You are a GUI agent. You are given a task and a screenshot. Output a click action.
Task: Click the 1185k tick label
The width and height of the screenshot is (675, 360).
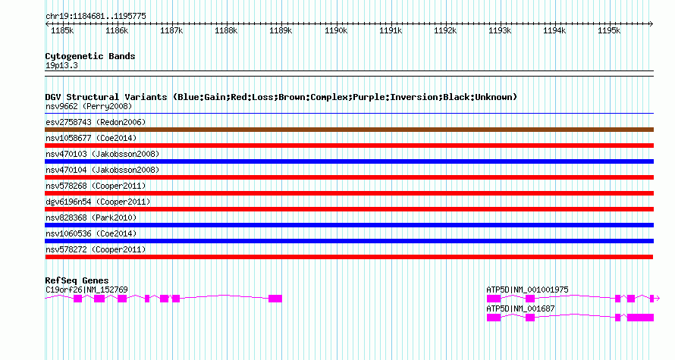(61, 31)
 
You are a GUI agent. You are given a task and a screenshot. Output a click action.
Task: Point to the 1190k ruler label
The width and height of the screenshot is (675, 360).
(335, 31)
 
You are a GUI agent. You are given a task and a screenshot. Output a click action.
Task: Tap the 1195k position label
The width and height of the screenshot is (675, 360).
(609, 31)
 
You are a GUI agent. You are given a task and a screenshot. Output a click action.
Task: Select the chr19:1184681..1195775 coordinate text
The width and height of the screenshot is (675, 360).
(96, 16)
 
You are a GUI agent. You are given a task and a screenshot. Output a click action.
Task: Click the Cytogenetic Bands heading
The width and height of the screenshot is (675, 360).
(90, 56)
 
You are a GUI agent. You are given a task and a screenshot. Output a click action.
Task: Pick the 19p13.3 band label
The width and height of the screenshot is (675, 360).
(61, 66)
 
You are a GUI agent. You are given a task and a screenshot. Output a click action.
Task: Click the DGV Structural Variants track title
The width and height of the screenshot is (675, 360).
(281, 97)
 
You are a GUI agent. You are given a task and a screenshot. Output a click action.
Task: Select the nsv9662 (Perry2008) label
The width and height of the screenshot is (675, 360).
(86, 107)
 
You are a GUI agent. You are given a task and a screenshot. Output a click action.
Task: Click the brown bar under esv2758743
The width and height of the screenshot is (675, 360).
(349, 130)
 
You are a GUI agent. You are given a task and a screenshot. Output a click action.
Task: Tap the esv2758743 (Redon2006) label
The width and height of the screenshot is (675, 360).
(96, 122)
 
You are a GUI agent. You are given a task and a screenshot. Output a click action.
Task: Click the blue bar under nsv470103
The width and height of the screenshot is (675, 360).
(349, 161)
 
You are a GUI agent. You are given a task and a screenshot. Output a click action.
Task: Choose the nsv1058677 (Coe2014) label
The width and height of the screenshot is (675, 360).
(89, 138)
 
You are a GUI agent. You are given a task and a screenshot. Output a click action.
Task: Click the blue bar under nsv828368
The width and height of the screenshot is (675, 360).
(349, 225)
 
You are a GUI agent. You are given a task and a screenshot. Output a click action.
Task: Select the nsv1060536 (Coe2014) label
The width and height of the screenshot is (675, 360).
(89, 233)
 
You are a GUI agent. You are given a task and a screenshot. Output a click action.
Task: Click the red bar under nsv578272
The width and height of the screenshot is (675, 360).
(349, 257)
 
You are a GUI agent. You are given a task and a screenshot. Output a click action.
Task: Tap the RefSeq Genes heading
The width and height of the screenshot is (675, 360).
(77, 280)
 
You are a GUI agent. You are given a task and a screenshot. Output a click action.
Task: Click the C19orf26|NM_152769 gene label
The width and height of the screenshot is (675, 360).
(86, 290)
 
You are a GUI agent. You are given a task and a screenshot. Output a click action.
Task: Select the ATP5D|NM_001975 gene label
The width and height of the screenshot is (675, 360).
(527, 290)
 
